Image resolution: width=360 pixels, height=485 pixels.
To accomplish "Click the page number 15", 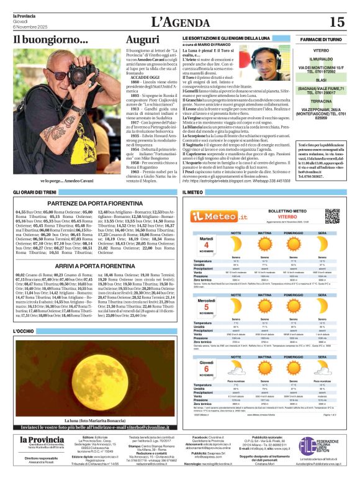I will click(336, 22).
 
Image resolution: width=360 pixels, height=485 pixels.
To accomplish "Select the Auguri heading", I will click(138, 40).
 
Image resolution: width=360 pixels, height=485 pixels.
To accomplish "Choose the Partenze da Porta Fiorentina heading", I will click(95, 202).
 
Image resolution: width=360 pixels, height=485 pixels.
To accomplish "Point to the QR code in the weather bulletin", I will click(333, 215).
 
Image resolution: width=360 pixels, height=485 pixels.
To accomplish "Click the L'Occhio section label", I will click(23, 332).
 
